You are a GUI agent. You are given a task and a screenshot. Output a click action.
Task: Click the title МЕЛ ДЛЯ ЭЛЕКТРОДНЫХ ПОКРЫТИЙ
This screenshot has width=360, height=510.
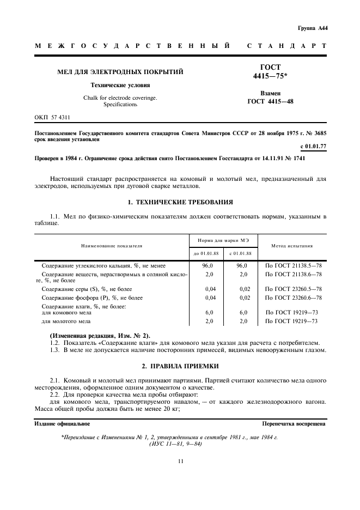[120, 71]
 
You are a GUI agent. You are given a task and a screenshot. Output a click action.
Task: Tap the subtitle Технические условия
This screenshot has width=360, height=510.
[120, 86]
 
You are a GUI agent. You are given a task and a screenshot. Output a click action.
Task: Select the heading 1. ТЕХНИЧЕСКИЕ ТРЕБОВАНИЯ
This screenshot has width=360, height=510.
[180, 202]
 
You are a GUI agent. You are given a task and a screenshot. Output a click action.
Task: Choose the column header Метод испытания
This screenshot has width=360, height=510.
[292, 246]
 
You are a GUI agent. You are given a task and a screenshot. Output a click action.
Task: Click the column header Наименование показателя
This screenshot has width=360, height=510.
[112, 246]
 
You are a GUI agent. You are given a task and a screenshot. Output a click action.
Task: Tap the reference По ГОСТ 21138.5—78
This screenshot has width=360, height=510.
[293, 265]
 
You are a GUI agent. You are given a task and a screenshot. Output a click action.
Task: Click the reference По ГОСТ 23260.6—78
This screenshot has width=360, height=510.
[293, 297]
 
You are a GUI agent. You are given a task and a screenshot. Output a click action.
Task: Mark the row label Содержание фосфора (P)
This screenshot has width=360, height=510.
[92, 297]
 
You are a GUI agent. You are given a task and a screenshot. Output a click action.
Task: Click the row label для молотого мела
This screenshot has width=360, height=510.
[63, 321]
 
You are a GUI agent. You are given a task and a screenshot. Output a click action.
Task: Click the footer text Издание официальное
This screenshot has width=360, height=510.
[63, 423]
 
